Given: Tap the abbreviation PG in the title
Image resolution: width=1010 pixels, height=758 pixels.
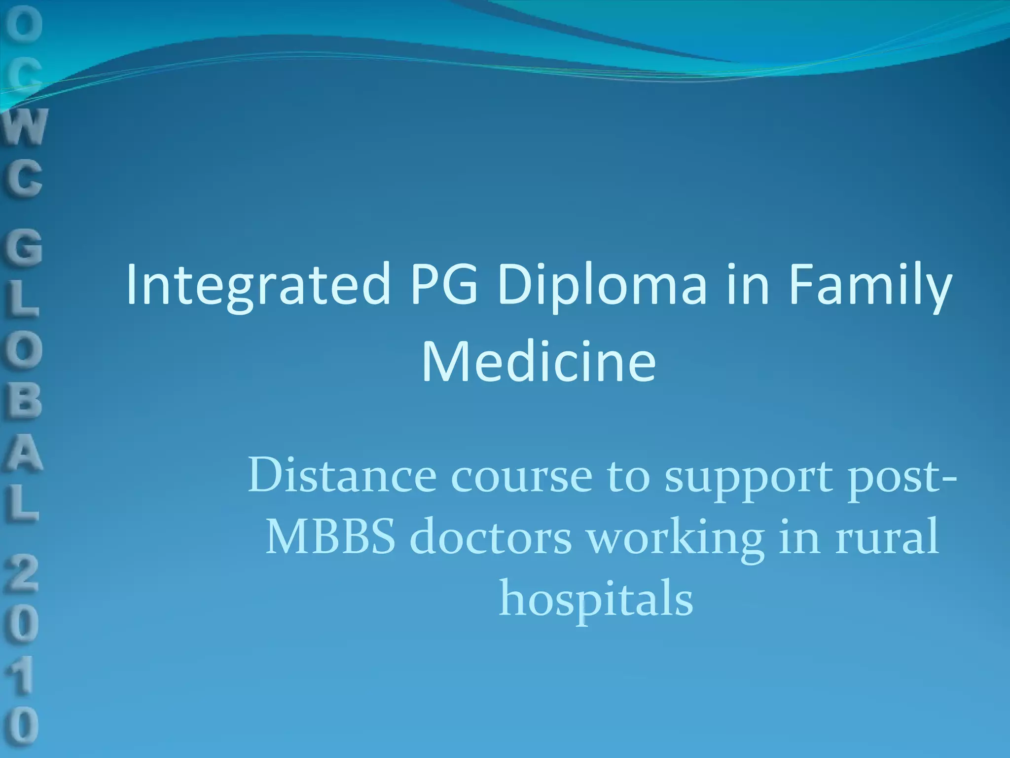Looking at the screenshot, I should [x=444, y=284].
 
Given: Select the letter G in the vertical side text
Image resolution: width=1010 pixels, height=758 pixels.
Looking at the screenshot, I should [x=24, y=248].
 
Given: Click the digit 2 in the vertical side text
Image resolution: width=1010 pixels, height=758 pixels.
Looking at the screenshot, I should [x=23, y=572].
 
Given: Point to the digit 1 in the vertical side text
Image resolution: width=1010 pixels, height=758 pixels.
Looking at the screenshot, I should [x=23, y=675].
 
